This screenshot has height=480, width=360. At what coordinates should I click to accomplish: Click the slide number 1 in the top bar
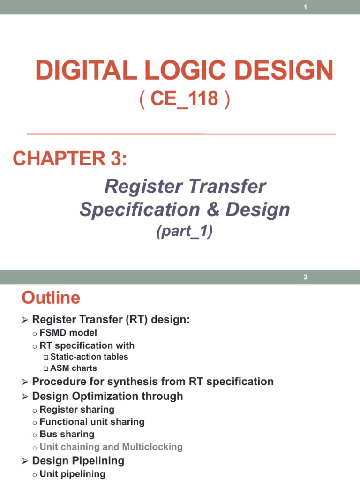pyautogui.click(x=305, y=7)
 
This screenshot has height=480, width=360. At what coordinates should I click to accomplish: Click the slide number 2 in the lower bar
pyautogui.click(x=305, y=277)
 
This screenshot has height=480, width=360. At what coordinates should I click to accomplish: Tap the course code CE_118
pyautogui.click(x=185, y=99)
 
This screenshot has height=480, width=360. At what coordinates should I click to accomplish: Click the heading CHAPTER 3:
pyautogui.click(x=70, y=159)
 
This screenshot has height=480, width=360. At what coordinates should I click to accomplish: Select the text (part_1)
pyautogui.click(x=185, y=232)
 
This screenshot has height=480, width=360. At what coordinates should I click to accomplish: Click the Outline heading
pyautogui.click(x=51, y=298)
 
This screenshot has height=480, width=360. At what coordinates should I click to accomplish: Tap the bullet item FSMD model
pyautogui.click(x=68, y=333)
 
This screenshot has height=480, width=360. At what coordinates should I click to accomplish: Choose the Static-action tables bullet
pyautogui.click(x=89, y=357)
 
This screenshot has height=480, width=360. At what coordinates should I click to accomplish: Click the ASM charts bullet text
pyautogui.click(x=74, y=368)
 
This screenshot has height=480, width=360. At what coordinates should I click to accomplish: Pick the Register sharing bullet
pyautogui.click(x=77, y=409)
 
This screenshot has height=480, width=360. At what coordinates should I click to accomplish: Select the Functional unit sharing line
pyautogui.click(x=92, y=422)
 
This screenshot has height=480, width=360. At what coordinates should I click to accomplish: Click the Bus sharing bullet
pyautogui.click(x=67, y=434)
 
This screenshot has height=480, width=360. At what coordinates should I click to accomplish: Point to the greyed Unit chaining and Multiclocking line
pyautogui.click(x=111, y=447)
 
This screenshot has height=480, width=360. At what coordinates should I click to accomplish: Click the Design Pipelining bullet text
pyautogui.click(x=78, y=460)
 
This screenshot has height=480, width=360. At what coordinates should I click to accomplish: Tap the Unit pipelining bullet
pyautogui.click(x=73, y=473)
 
